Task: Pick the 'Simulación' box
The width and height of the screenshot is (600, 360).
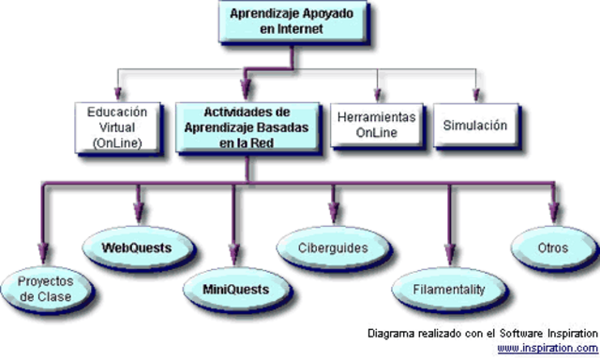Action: click(475, 124)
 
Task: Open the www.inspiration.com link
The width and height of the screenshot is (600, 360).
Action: click(547, 348)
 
